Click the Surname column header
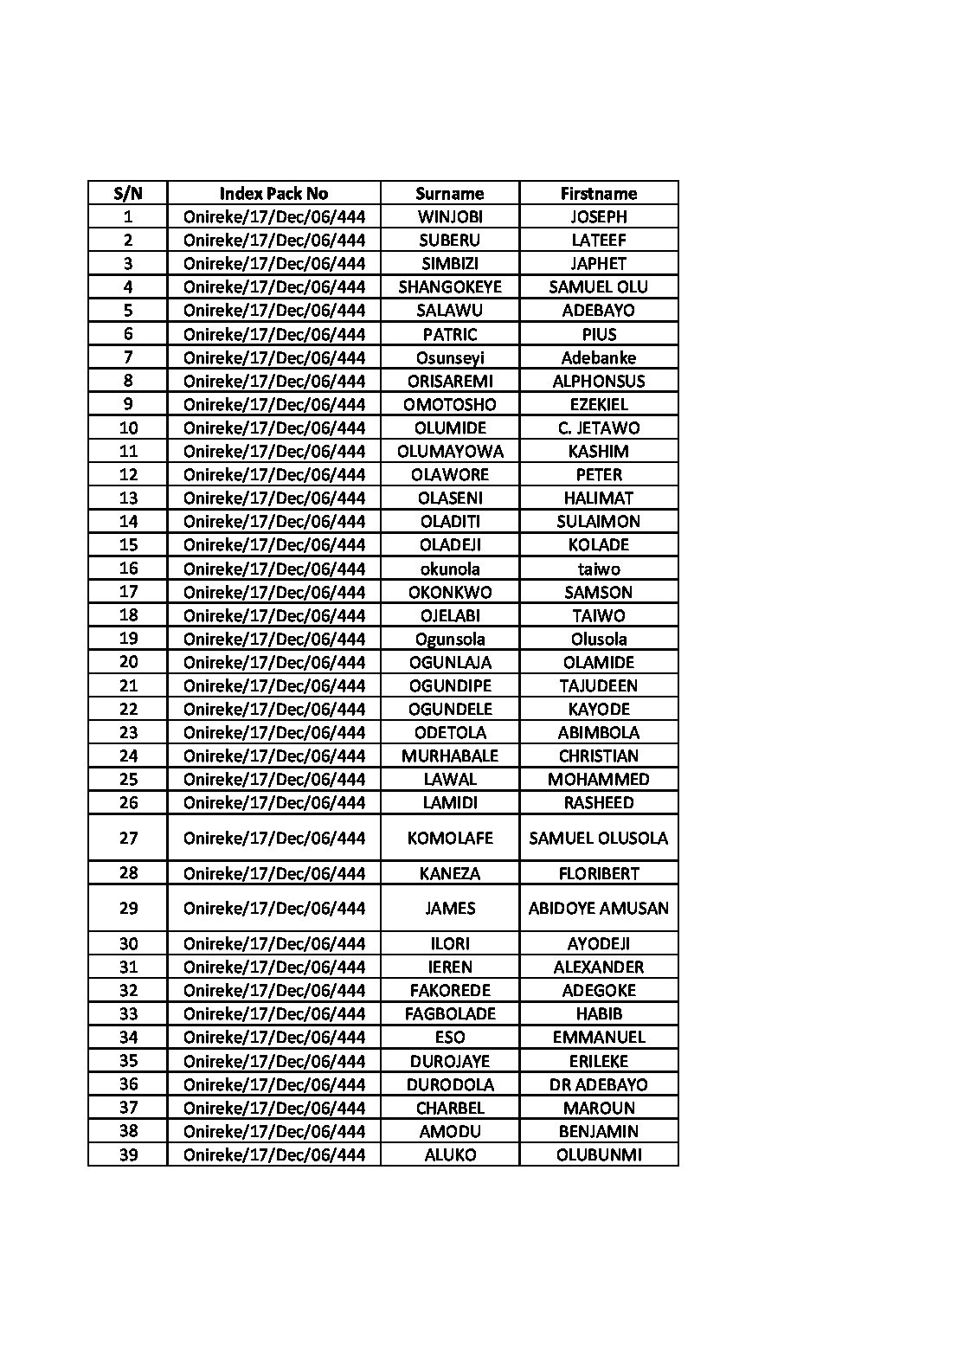(x=449, y=193)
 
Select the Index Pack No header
(x=273, y=193)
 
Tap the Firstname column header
(x=598, y=193)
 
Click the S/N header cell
(x=128, y=193)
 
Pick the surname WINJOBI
(x=449, y=216)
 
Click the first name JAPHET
(x=598, y=263)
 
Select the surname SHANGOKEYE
(x=449, y=286)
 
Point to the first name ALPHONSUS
(x=598, y=381)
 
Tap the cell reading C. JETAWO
(x=598, y=428)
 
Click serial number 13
(x=128, y=498)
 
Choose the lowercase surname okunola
(x=449, y=569)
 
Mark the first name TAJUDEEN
(x=598, y=685)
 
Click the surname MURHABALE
(x=449, y=755)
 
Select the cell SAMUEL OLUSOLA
(x=598, y=838)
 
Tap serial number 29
(x=128, y=908)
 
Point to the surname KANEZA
(x=449, y=873)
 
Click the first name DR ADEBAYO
(x=598, y=1084)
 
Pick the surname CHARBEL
(x=449, y=1108)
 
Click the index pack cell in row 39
(x=273, y=1154)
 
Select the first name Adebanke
(x=598, y=357)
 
